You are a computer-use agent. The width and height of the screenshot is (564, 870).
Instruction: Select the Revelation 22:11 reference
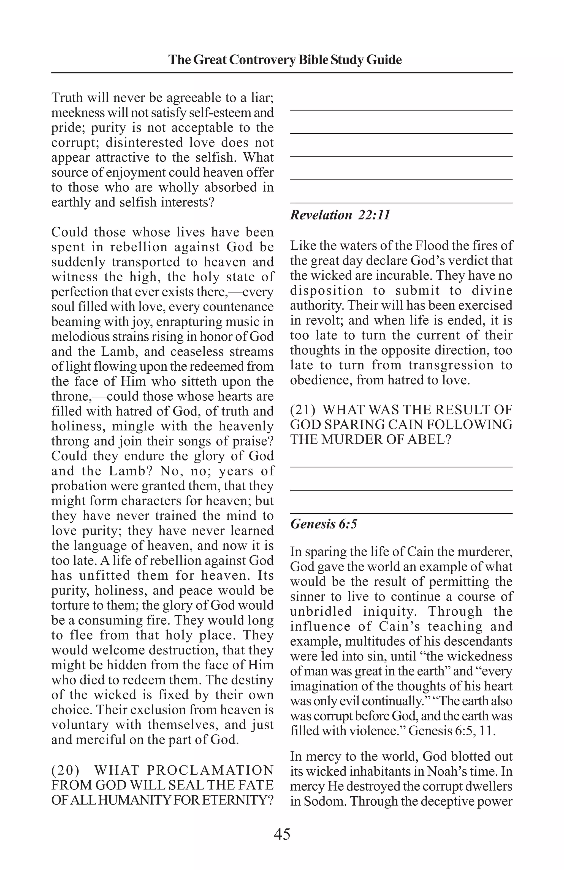[340, 215]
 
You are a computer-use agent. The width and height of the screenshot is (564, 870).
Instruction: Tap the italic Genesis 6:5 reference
[324, 524]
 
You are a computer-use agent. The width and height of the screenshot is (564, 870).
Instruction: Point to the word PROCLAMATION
[210, 770]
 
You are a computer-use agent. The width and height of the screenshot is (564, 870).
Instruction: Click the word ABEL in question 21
[427, 439]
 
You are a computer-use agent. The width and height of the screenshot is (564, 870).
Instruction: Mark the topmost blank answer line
[401, 110]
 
